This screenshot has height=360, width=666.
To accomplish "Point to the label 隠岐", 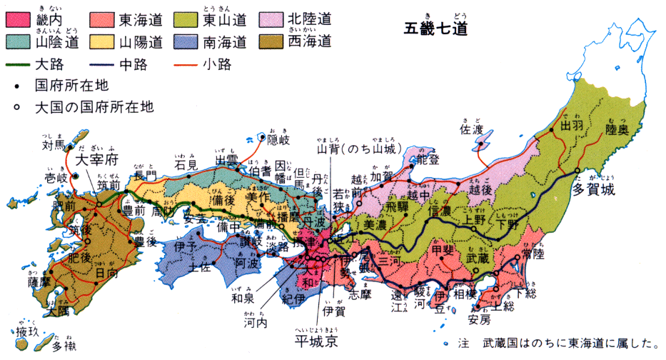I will tap(279, 139).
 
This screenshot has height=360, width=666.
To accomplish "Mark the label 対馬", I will tap(54, 146).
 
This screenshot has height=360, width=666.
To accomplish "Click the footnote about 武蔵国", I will tap(560, 344).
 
